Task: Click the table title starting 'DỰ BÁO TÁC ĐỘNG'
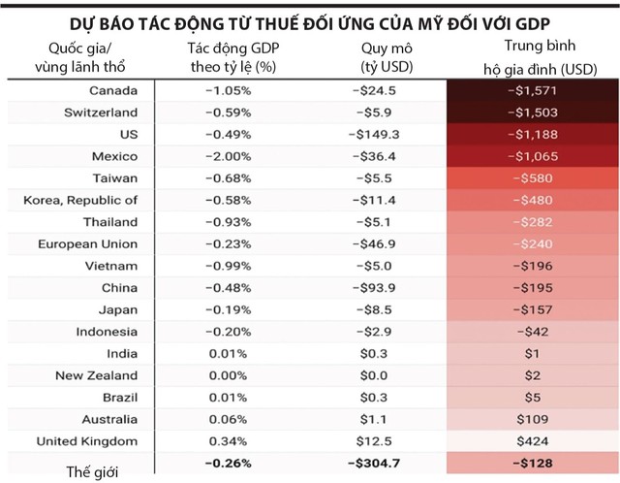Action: click(x=310, y=21)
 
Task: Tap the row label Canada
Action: click(x=114, y=90)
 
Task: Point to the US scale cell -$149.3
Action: click(x=374, y=134)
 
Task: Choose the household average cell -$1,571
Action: click(x=530, y=90)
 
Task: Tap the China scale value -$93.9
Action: click(x=374, y=288)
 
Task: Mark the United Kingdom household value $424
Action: click(x=530, y=441)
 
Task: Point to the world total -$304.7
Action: click(x=374, y=463)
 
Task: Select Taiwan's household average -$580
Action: click(x=530, y=178)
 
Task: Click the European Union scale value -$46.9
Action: click(x=374, y=244)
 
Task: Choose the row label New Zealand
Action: click(x=97, y=375)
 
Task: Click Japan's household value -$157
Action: click(x=530, y=309)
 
